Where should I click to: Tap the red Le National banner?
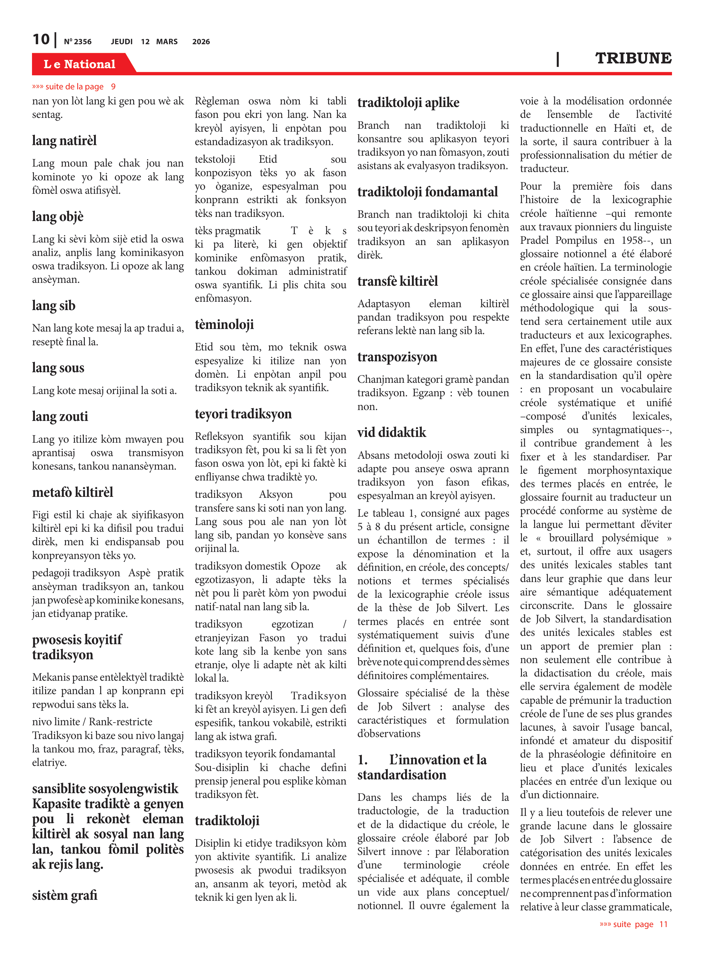79,64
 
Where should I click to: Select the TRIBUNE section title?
633,58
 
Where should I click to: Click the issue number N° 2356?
77,42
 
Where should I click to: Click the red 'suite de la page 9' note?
74,86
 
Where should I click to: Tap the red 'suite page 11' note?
633,924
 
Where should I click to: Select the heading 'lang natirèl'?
64,141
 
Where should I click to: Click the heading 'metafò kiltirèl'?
72,492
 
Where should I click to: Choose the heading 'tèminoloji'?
224,324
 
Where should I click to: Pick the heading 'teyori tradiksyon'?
243,414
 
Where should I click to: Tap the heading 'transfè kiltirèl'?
397,281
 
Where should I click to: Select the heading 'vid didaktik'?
392,432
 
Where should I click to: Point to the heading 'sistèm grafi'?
65,895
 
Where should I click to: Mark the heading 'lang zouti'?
60,416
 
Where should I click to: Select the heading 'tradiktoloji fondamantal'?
428,192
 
